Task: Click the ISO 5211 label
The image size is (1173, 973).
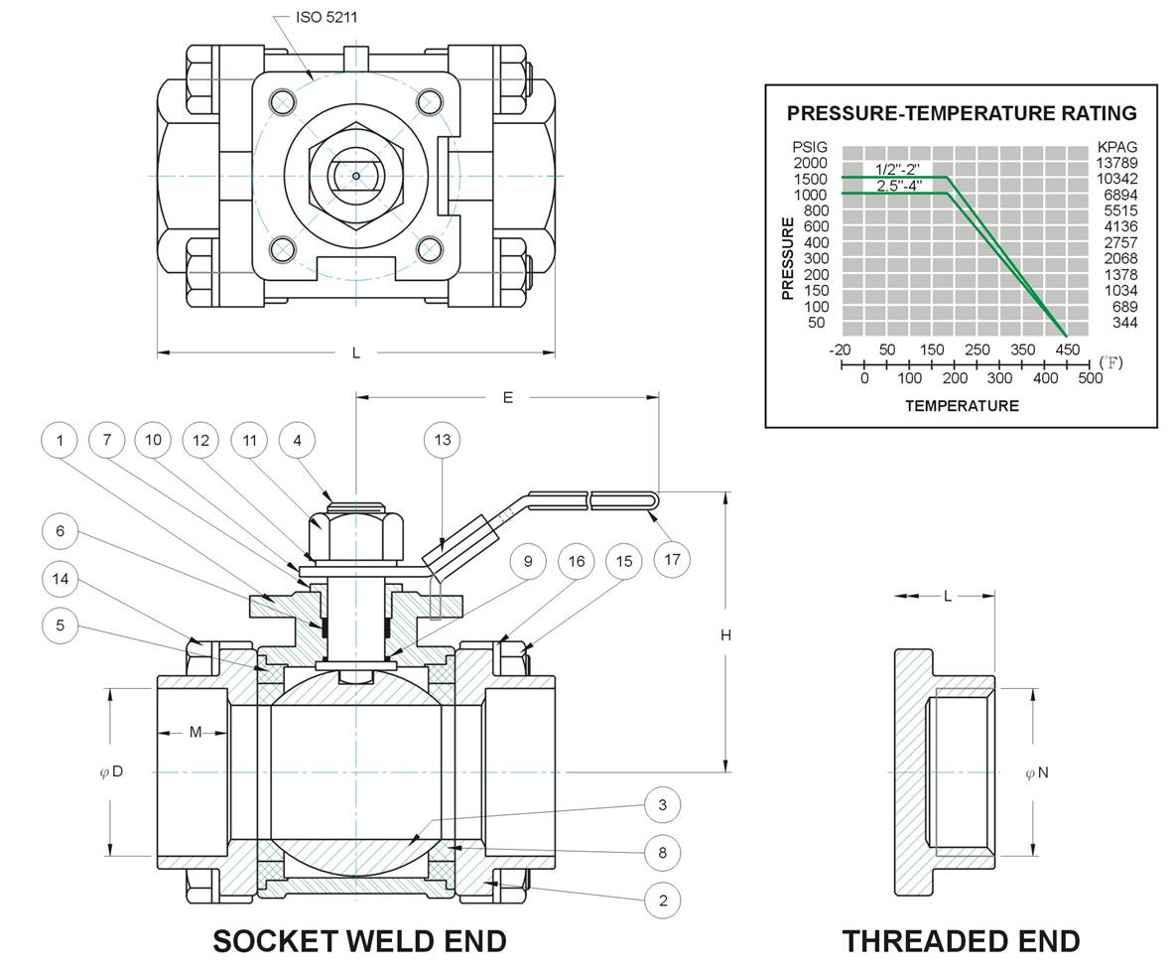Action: pos(326,17)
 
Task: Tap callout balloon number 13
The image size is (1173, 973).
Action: pos(443,440)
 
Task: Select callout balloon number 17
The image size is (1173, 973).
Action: pos(672,559)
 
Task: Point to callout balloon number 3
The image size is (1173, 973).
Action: pos(662,805)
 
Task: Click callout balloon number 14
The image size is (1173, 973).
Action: pos(61,579)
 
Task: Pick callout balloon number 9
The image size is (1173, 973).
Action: pos(528,561)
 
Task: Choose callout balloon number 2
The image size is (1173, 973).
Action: pos(662,901)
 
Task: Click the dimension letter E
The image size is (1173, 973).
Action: pos(508,397)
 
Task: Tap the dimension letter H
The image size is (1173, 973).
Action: pos(725,635)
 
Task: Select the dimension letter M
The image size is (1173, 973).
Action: pos(195,732)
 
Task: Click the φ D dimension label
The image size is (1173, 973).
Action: pos(111,771)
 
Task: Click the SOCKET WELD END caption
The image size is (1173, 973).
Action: pos(360,941)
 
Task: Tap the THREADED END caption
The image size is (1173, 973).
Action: pos(961,941)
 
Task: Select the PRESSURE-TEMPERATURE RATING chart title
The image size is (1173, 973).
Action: pos(962,113)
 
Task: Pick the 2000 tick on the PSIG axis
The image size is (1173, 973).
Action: pos(810,163)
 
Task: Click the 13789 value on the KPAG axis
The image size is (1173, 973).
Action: pos(1116,163)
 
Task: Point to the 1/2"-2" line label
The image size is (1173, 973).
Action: pos(897,170)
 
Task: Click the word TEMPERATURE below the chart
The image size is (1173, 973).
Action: pos(962,406)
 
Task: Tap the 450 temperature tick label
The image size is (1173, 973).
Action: pos(1068,349)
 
